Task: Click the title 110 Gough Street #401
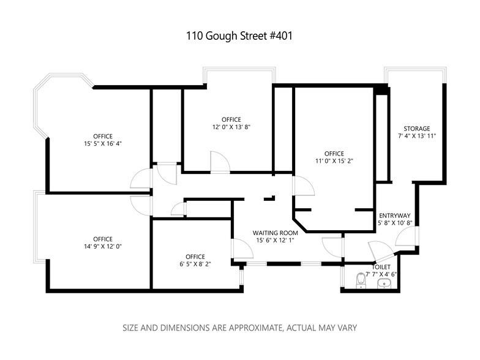point(239,36)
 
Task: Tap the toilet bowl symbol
point(361,280)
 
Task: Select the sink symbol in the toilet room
point(384,284)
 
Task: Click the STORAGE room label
point(416,129)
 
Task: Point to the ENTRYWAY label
point(394,216)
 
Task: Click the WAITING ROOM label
point(276,233)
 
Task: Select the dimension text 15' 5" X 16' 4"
point(103,143)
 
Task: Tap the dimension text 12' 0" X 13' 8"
point(231,127)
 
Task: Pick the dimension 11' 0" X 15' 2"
point(334,160)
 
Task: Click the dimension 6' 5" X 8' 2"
point(195,264)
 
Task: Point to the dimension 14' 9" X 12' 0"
point(103,246)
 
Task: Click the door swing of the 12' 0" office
point(220,163)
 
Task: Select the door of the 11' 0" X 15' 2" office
point(304,186)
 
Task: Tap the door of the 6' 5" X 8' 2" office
point(242,249)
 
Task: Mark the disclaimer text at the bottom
point(240,328)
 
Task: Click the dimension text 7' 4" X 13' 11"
point(416,136)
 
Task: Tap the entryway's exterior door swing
point(407,236)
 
